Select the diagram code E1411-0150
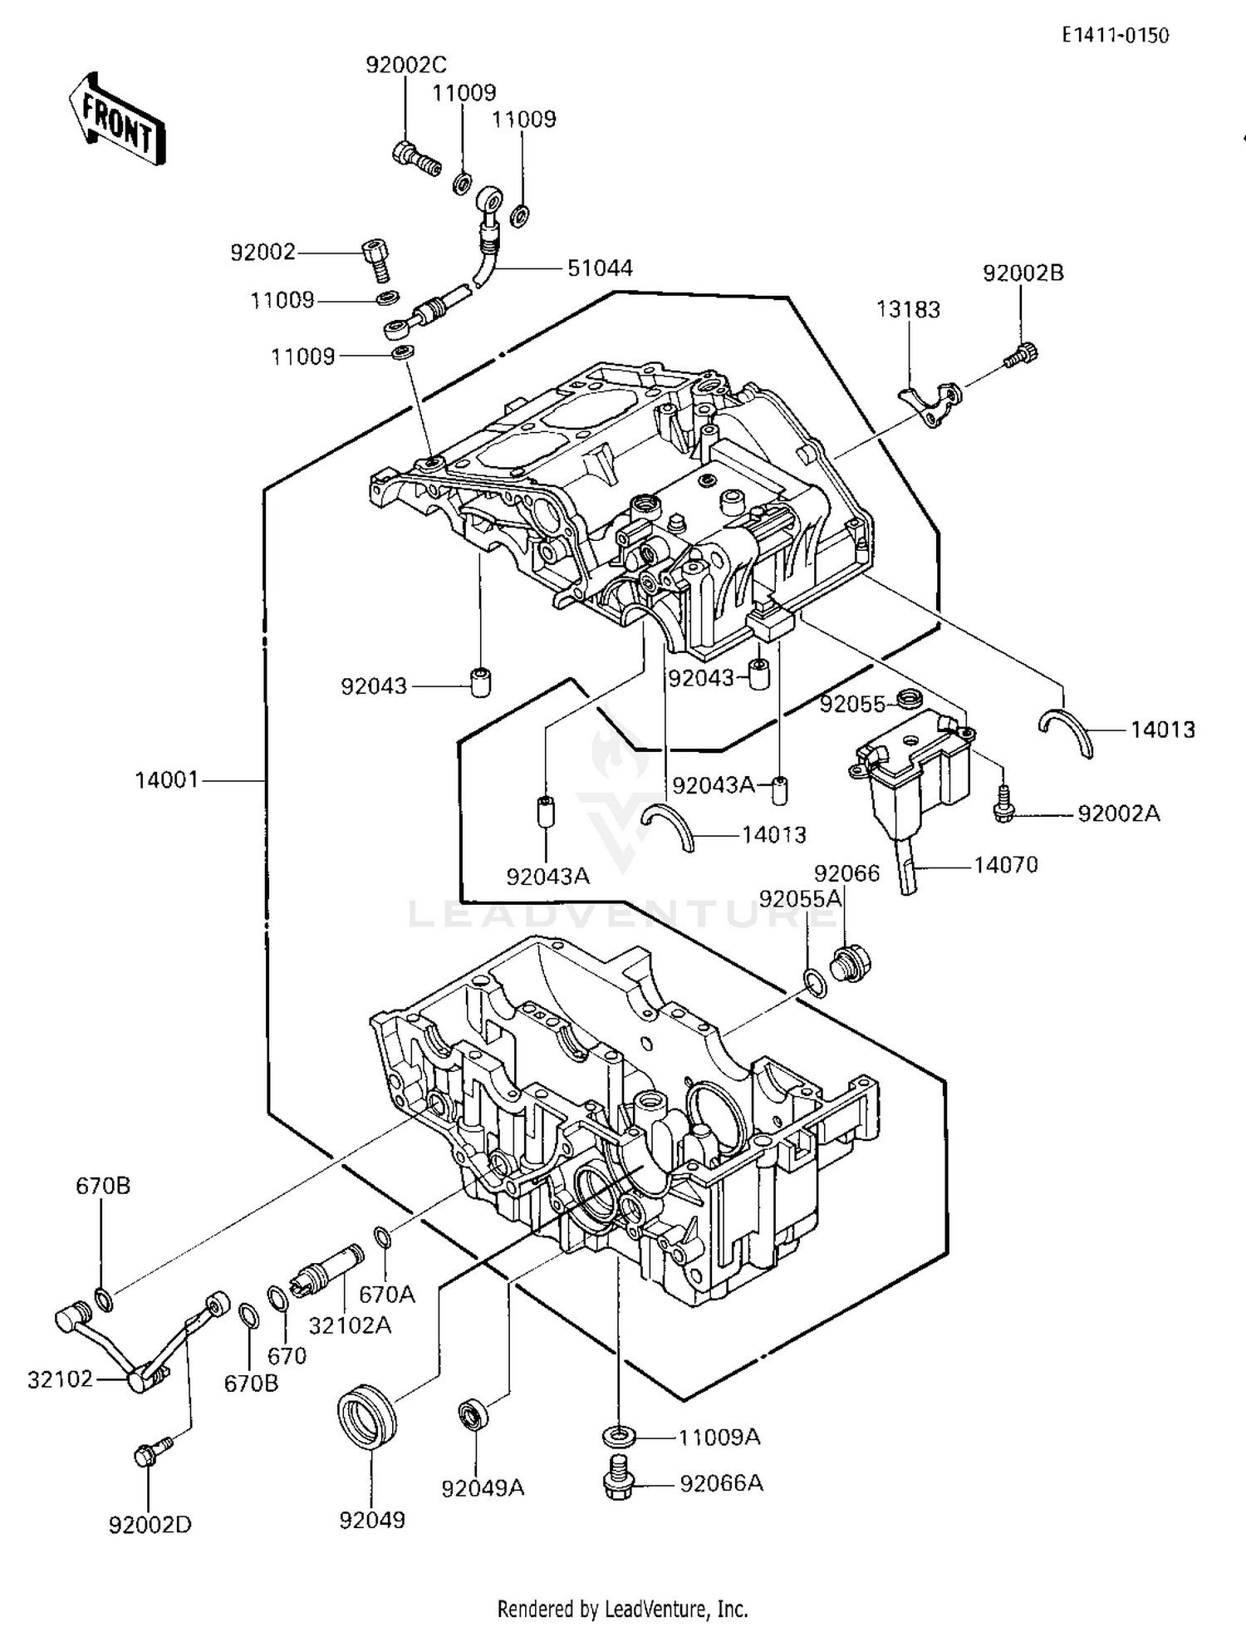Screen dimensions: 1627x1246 1115,35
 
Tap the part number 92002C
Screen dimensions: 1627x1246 406,65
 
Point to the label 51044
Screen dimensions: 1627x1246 600,268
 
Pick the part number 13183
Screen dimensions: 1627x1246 908,310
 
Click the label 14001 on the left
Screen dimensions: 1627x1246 167,780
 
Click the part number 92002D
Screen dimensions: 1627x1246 150,1525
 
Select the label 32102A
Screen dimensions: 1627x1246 350,1325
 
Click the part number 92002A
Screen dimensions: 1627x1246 1118,813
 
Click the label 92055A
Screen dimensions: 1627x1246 800,898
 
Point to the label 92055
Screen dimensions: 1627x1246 852,704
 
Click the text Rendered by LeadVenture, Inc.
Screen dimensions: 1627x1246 622,1609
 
